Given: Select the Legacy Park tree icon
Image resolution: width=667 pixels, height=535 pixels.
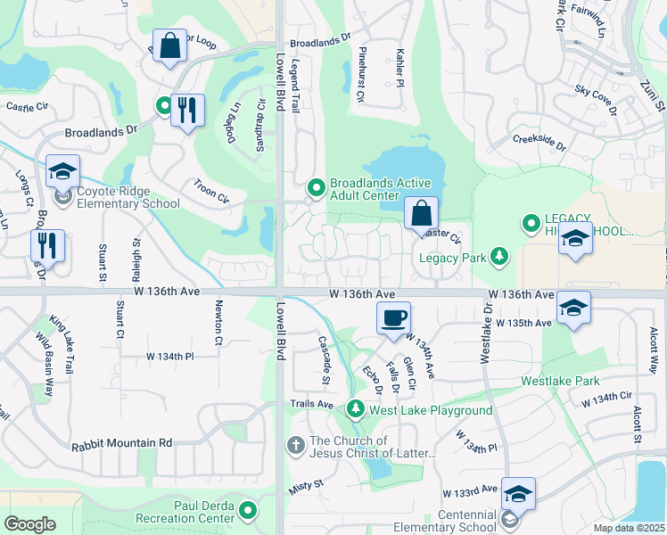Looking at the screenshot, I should tap(499, 258).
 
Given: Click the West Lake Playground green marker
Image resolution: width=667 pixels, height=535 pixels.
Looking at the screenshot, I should tap(356, 409).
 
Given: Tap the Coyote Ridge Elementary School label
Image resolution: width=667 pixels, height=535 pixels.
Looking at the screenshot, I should tap(128, 197).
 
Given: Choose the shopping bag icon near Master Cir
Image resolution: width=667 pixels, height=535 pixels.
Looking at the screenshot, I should tap(421, 214).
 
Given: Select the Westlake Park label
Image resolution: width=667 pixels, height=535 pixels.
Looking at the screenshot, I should tap(562, 381).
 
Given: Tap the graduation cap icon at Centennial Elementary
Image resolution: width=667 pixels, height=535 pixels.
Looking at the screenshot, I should tap(518, 493).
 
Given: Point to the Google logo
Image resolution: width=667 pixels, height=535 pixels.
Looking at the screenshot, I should tap(29, 523).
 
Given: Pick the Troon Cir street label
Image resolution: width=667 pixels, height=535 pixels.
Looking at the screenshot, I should tap(211, 190).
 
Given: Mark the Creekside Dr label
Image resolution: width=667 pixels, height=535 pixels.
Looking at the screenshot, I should tap(539, 142).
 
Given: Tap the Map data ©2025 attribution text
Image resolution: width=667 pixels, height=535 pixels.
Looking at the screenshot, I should tap(630, 527).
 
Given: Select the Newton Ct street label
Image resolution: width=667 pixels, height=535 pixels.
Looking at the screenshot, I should tap(218, 322).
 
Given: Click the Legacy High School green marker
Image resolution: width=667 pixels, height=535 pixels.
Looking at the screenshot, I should tap(531, 222).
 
